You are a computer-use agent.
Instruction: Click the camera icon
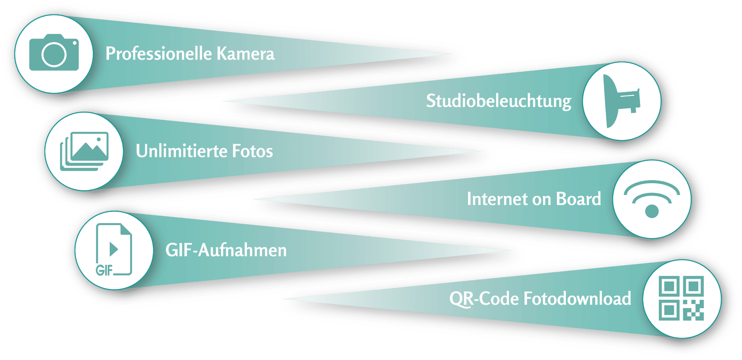tap(54, 52)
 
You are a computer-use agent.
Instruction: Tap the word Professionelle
tap(158, 53)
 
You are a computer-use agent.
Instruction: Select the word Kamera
tap(245, 53)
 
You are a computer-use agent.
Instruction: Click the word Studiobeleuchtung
tap(499, 101)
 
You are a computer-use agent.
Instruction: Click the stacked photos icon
tap(84, 151)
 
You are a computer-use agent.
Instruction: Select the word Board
tap(579, 199)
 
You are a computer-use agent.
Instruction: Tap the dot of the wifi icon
tap(652, 211)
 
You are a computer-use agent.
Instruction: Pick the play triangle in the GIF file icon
tap(114, 249)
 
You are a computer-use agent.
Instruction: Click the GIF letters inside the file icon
tap(104, 270)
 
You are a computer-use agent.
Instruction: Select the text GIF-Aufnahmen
tap(226, 250)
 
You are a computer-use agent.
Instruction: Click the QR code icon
tap(681, 298)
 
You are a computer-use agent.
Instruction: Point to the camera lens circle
tap(54, 55)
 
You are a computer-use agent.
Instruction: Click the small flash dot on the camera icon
tap(75, 43)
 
